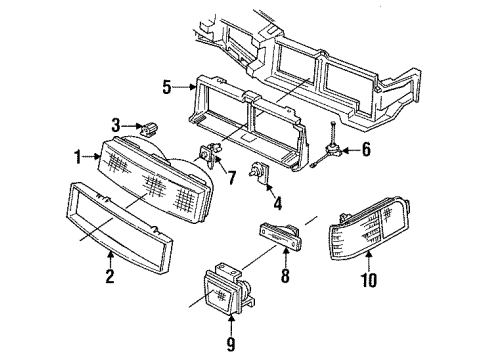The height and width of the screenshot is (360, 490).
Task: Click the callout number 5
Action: pos(166,86)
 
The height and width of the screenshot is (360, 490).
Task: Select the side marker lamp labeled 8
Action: pos(284,238)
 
